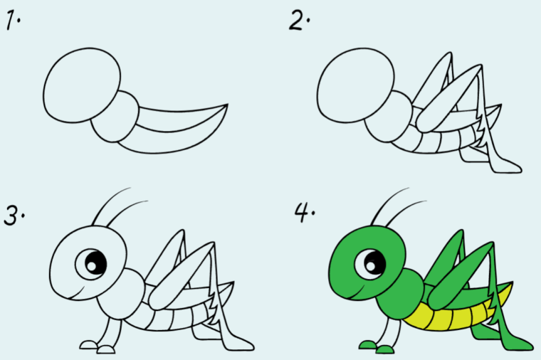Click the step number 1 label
tap(13, 20)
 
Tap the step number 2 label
tap(299, 20)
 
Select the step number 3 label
tap(14, 215)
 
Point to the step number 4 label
tap(304, 212)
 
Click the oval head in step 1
tap(82, 85)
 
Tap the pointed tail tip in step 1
tap(228, 104)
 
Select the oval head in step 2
tap(355, 85)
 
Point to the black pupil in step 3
tap(96, 263)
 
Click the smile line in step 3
tap(79, 293)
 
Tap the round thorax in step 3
tap(121, 293)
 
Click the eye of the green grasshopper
tap(370, 264)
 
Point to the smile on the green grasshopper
tap(357, 293)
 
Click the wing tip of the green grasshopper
tap(511, 283)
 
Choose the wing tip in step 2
tap(500, 105)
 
